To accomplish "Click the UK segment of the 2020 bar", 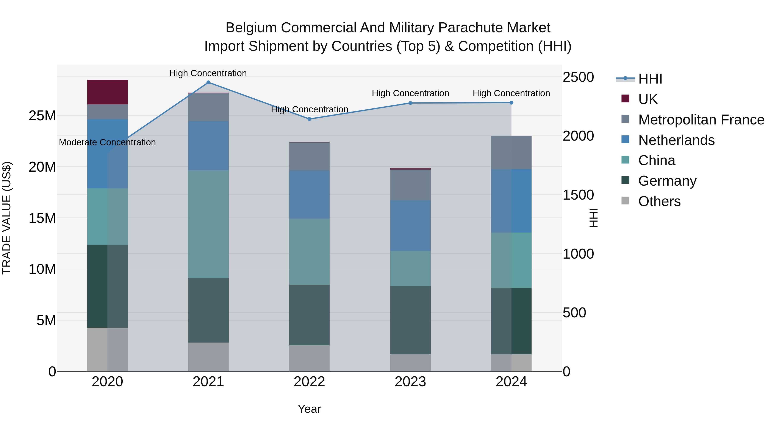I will point(107,92).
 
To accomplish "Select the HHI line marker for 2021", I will point(208,82).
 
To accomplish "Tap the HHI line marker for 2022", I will point(309,119).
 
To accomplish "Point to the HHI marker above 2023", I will point(410,103).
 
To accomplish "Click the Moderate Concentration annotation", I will point(107,142).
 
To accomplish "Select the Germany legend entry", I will point(667,181).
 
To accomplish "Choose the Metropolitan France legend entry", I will point(701,120).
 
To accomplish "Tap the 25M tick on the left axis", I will point(42,116).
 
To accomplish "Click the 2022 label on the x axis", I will point(309,382).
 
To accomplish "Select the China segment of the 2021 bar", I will point(208,224).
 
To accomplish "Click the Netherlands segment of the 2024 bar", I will point(511,201).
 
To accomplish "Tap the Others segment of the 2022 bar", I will point(309,358).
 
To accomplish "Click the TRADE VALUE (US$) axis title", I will point(7,218).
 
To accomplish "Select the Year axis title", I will point(309,409).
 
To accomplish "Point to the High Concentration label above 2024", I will point(511,93).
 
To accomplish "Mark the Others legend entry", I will point(659,201).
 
